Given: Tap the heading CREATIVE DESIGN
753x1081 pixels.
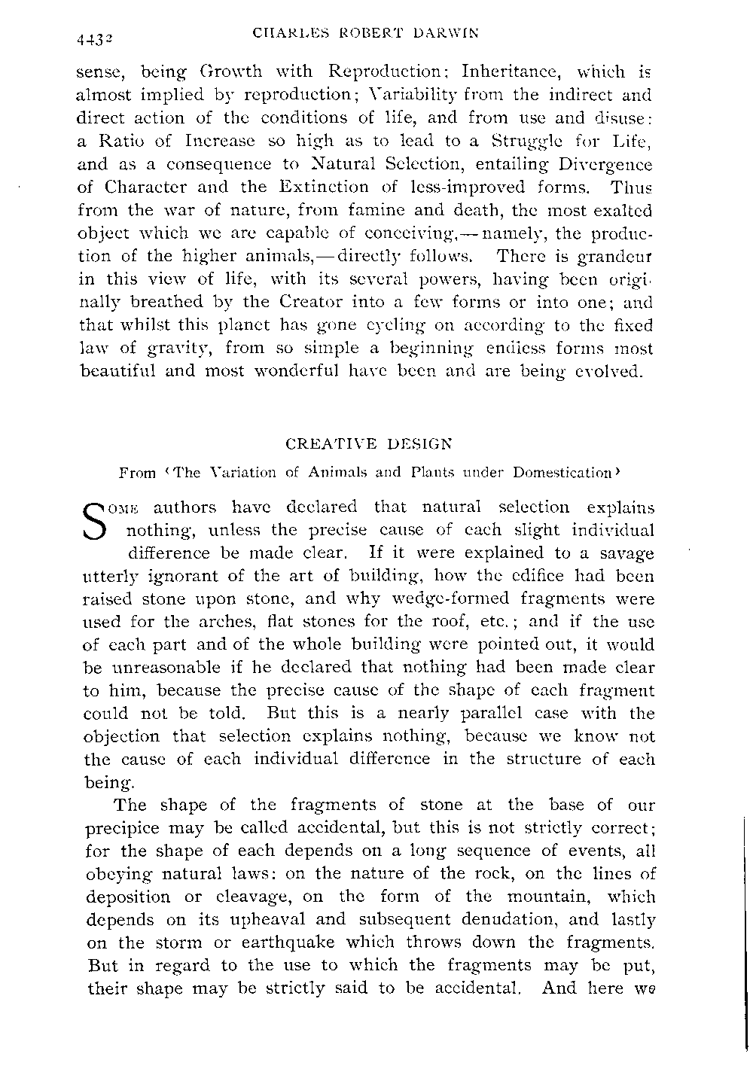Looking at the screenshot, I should pyautogui.click(x=367, y=445).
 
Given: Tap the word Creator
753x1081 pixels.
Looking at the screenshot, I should pyautogui.click(x=295, y=302).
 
